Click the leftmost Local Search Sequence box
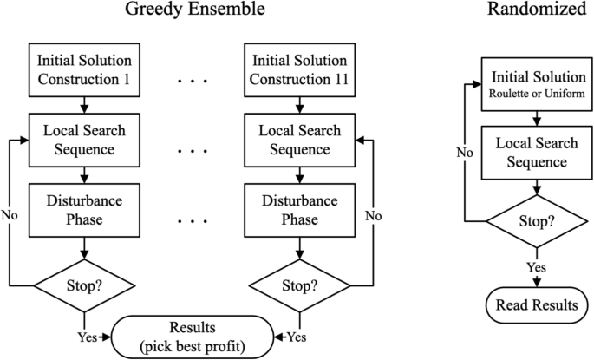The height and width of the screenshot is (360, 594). click(x=83, y=140)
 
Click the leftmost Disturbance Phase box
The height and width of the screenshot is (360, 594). click(x=83, y=209)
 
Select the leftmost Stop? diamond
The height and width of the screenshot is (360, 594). click(x=83, y=284)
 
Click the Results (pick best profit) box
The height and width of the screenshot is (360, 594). click(x=189, y=335)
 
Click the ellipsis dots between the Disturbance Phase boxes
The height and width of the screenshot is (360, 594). click(x=189, y=220)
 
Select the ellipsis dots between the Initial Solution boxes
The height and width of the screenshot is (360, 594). click(x=189, y=82)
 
